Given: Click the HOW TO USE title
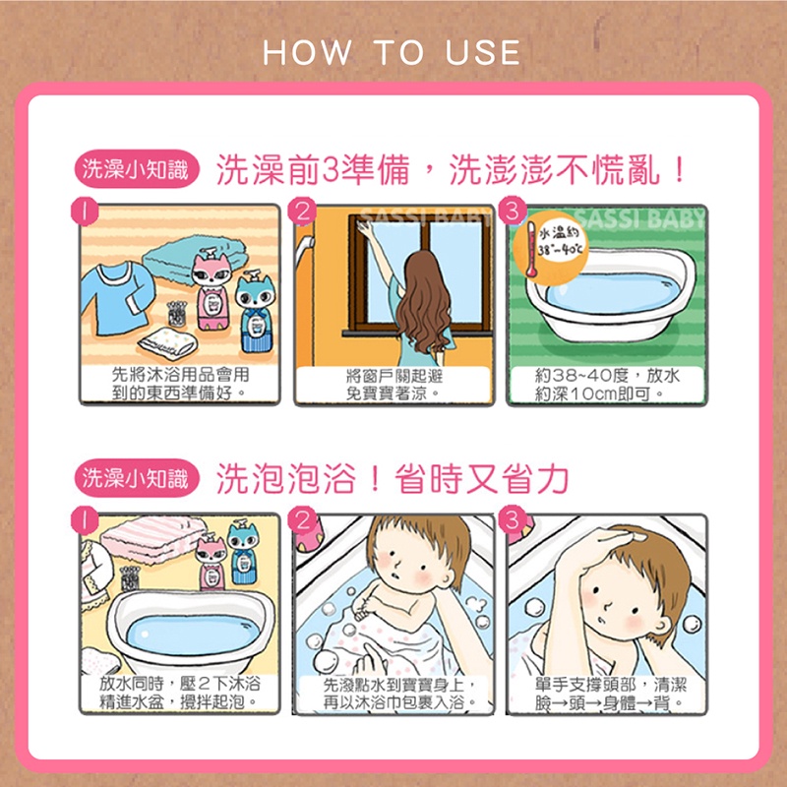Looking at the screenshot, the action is pos(392,52).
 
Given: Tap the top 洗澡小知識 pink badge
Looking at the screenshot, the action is pos(136,168).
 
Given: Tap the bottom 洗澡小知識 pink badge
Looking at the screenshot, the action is pos(136,478).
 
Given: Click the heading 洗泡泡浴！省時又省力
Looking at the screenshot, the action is pos(392,478).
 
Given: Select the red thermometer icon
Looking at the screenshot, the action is pos(530,249).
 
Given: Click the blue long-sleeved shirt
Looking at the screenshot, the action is pos(118,298).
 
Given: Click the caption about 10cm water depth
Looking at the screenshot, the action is pos(607,385).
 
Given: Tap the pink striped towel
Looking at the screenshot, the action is pos(153,538).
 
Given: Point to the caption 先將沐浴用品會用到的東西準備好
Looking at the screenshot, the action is pos(180,384).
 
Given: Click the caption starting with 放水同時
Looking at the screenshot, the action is pos(180,693).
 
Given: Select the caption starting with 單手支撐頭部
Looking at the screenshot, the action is pos(610,694).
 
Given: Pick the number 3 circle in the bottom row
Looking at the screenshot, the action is pos(513,520).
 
